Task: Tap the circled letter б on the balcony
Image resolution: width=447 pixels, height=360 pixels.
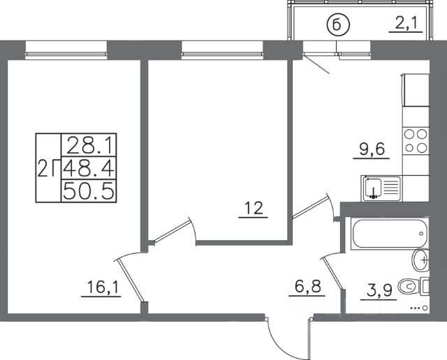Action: pyautogui.click(x=337, y=26)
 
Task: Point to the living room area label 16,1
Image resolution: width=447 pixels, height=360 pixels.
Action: pyautogui.click(x=101, y=287)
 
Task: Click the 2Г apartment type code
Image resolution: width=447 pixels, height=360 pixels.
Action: pyautogui.click(x=47, y=168)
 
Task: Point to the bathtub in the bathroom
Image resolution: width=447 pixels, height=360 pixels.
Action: pyautogui.click(x=388, y=234)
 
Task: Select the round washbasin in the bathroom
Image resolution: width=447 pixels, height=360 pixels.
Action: pyautogui.click(x=420, y=260)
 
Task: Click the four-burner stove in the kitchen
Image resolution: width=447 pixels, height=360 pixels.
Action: pyautogui.click(x=416, y=142)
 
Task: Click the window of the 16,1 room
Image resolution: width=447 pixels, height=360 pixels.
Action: pyautogui.click(x=67, y=48)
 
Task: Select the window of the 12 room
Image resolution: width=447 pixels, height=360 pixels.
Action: pyautogui.click(x=221, y=48)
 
